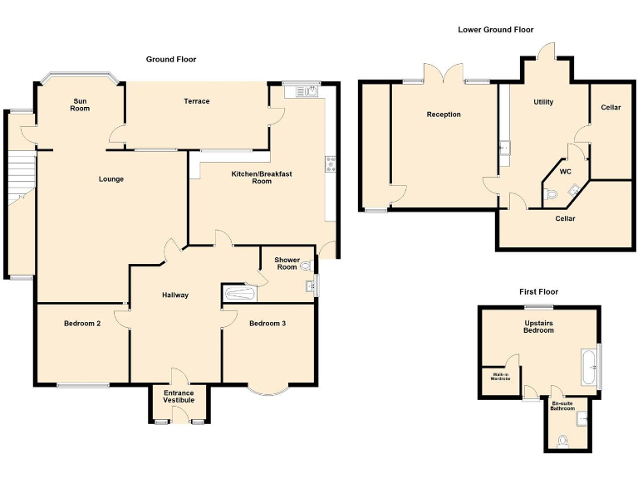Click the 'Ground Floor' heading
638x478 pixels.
(x=171, y=59)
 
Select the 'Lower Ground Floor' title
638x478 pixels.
(x=495, y=30)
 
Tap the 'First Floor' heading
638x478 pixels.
(x=538, y=291)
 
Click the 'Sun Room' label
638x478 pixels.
(x=80, y=105)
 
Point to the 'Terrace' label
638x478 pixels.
(x=197, y=101)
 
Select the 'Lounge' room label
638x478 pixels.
(x=110, y=178)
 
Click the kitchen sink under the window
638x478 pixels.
(x=301, y=91)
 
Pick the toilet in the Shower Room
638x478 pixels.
(x=307, y=266)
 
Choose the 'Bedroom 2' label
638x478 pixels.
(x=82, y=323)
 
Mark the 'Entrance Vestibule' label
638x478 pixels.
(x=179, y=397)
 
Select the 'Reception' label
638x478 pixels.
(x=444, y=115)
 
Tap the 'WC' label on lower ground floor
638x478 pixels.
(x=565, y=172)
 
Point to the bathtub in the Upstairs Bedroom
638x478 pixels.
(x=588, y=366)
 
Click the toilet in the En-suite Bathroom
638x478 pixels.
(x=564, y=440)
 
